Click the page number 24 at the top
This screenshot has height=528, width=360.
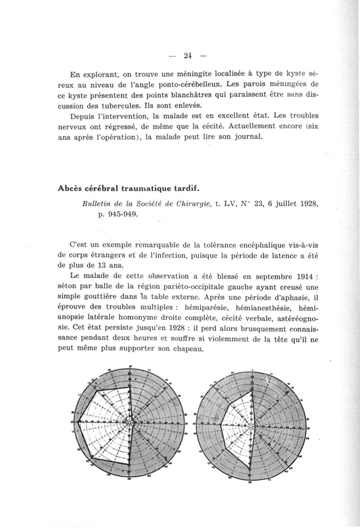click(188, 56)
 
